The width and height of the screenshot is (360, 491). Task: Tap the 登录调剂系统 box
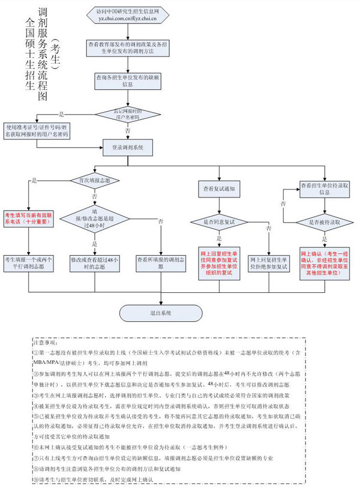pos(128,148)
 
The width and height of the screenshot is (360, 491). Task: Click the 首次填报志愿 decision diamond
pos(95,180)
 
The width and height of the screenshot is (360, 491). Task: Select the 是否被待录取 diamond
pos(325,222)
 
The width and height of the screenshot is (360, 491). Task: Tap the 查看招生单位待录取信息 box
pos(325,189)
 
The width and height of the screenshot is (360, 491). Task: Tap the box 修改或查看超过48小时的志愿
pos(94,262)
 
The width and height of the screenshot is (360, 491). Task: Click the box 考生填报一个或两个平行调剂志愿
pos(29,262)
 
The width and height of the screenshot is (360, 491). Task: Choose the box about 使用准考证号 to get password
pos(37,131)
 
